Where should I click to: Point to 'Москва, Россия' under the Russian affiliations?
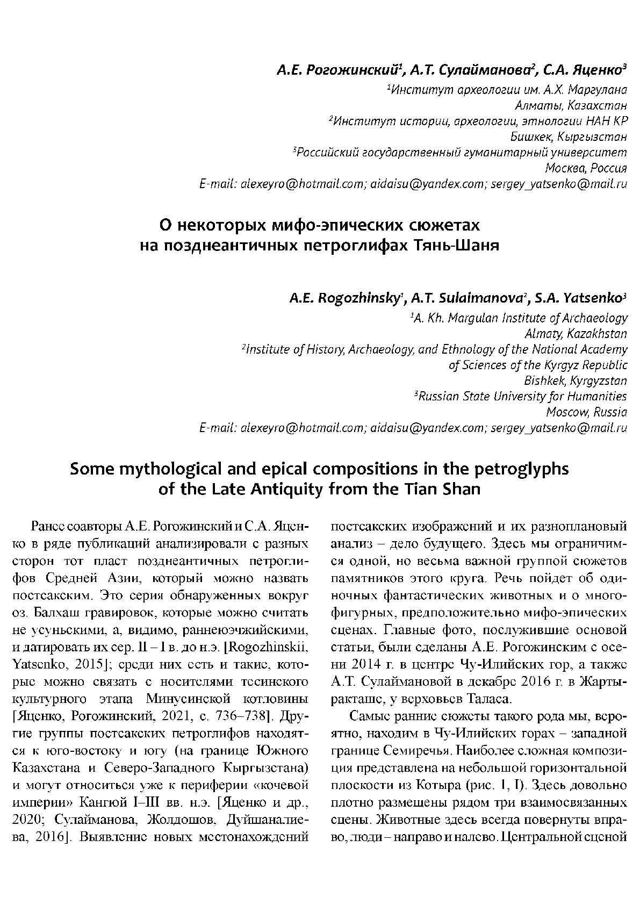click(x=586, y=168)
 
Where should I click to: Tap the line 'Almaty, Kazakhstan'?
click(x=575, y=334)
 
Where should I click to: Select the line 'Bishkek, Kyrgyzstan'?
click(x=575, y=381)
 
